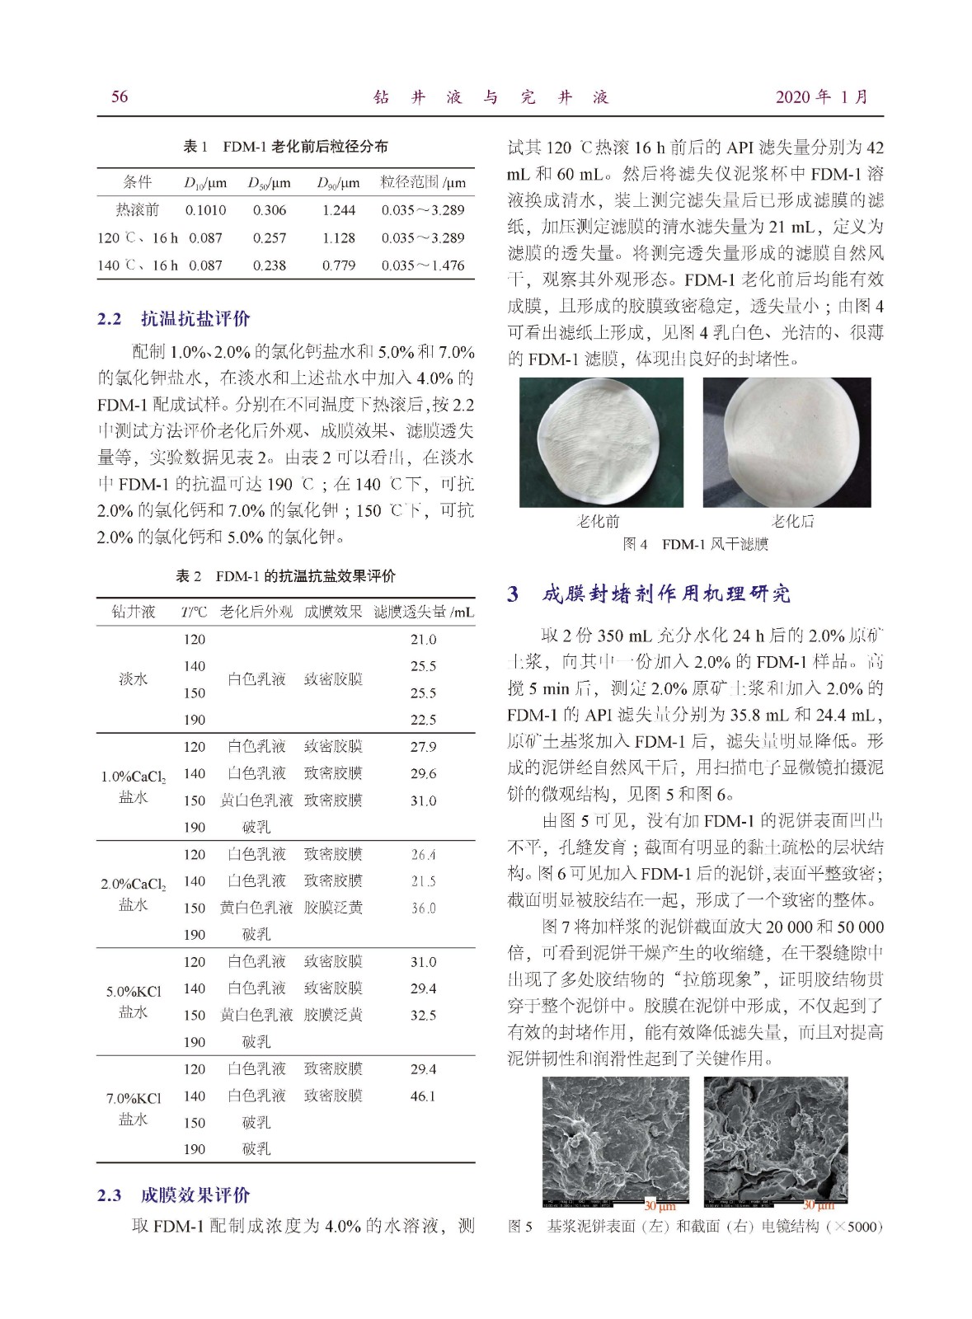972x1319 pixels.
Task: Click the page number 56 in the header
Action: [x=120, y=97]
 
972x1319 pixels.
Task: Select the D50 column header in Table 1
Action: [x=270, y=183]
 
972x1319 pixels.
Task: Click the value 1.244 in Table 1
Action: [x=339, y=210]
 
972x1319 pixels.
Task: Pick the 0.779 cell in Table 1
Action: [x=339, y=265]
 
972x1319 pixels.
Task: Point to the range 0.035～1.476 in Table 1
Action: [x=423, y=265]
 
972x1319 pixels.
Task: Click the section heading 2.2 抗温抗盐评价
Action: [x=174, y=319]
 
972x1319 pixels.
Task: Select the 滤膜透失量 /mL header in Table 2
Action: [x=424, y=612]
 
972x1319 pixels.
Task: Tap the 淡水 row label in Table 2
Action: [x=134, y=679]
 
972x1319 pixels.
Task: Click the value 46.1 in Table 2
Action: [x=423, y=1096]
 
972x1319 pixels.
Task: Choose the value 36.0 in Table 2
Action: [x=423, y=908]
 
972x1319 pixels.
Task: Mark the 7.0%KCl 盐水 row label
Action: [x=134, y=1109]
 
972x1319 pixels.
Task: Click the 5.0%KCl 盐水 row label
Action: [x=134, y=1002]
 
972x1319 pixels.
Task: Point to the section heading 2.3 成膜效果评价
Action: [x=174, y=1195]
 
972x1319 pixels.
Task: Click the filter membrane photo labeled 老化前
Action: [x=601, y=442]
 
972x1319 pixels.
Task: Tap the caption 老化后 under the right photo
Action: [x=792, y=521]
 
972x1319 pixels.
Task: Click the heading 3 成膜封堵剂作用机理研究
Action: [x=649, y=594]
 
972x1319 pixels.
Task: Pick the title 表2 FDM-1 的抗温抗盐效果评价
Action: [x=285, y=576]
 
